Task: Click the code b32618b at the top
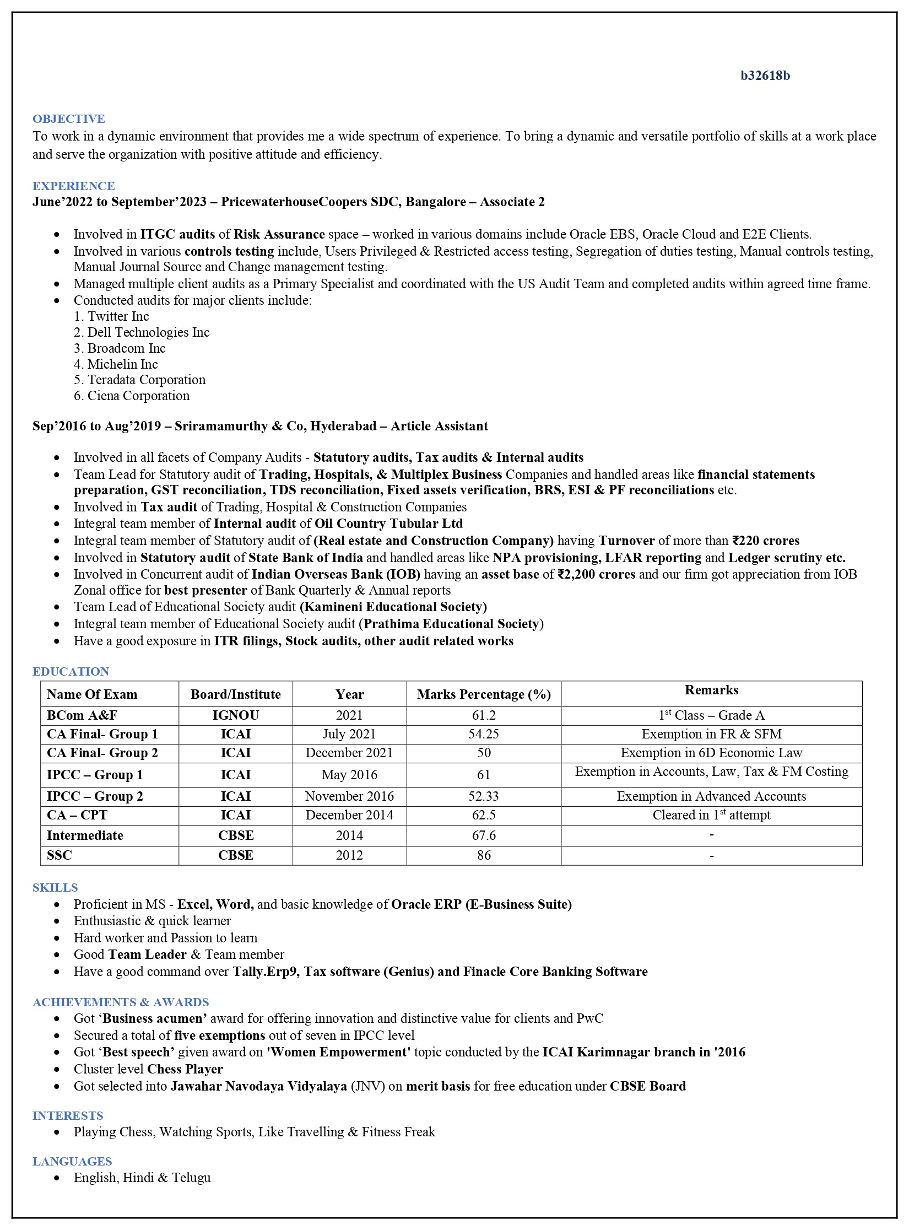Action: point(765,76)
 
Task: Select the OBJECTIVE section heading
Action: point(68,119)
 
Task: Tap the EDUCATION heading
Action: point(71,671)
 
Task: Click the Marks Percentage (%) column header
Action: point(484,694)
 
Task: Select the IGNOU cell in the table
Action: point(235,715)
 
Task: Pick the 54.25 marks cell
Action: point(484,734)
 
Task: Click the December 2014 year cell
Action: point(349,815)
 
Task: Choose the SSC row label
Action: point(59,855)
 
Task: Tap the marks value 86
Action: point(484,855)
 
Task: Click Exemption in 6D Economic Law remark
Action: point(711,753)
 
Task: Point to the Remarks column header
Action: point(711,690)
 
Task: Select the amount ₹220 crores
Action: point(766,541)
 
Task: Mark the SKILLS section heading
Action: point(55,887)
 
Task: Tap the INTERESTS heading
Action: point(68,1115)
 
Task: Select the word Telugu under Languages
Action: point(191,1178)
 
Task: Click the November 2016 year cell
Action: point(349,796)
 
